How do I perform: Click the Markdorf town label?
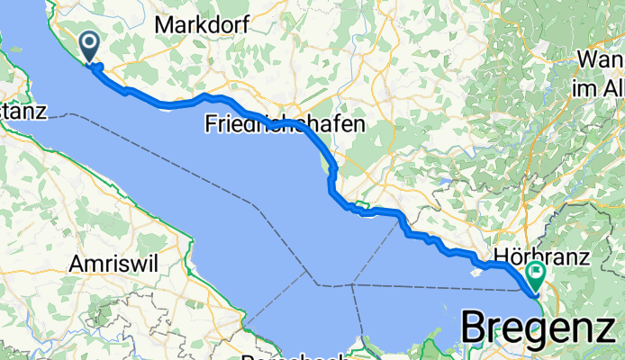(195, 25)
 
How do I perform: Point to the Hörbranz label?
(541, 256)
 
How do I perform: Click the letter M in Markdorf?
(164, 25)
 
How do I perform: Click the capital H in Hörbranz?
(501, 256)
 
